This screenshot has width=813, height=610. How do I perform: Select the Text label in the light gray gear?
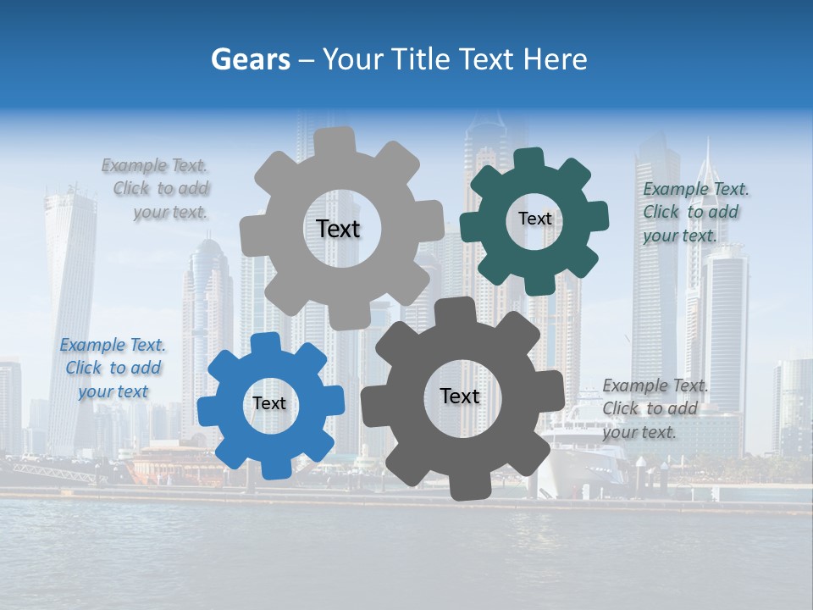[338, 229]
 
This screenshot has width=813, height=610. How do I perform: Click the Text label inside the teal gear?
[534, 219]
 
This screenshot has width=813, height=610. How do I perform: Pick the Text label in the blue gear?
[269, 403]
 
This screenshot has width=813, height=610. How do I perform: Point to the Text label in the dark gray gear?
[460, 396]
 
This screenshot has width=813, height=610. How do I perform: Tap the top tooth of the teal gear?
[528, 158]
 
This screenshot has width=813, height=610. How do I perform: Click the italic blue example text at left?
[113, 368]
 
